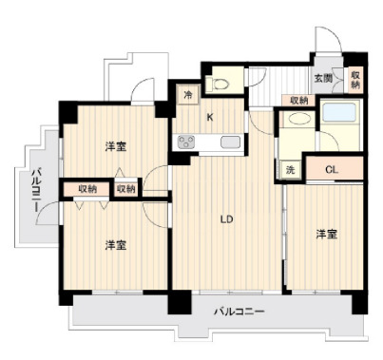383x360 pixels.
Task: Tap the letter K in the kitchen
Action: pyautogui.click(x=209, y=118)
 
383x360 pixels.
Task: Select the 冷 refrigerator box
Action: pyautogui.click(x=187, y=94)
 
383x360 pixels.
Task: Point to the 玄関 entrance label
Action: pyautogui.click(x=323, y=79)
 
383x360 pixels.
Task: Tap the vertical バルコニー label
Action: pyautogui.click(x=34, y=189)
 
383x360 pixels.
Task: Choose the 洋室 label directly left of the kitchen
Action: pyautogui.click(x=117, y=146)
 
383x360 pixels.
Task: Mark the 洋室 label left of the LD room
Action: pyautogui.click(x=117, y=244)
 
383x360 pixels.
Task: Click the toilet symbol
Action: pyautogui.click(x=220, y=84)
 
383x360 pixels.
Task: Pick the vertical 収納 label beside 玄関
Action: pyautogui.click(x=355, y=80)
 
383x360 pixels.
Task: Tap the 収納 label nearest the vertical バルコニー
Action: pyautogui.click(x=87, y=189)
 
